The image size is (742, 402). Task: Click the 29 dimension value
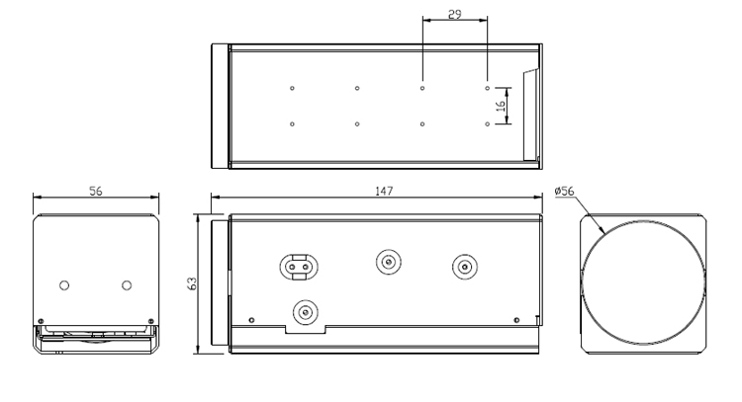pos(454,14)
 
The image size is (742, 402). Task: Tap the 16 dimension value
pos(502,106)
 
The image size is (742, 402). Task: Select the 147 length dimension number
pos(384,191)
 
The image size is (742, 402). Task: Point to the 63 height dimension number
pos(193,283)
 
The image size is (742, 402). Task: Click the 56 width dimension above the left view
pos(96,191)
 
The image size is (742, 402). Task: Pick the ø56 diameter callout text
pos(564,191)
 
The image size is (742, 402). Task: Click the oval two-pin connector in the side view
pos(299,267)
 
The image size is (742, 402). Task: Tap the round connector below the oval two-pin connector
pos(306,312)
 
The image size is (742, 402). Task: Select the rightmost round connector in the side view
pos(465,267)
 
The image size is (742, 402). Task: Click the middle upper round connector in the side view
pos(389,261)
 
